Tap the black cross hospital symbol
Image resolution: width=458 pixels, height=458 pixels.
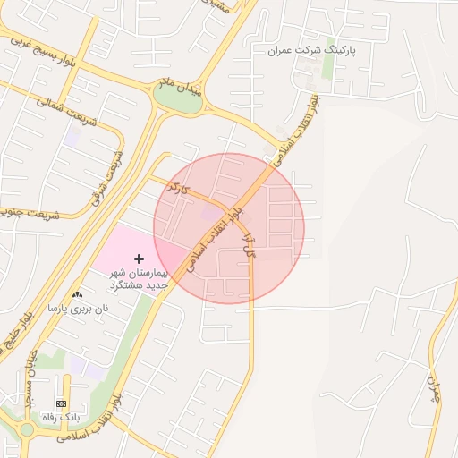(138, 258)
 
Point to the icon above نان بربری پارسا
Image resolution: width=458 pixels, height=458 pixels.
(77, 294)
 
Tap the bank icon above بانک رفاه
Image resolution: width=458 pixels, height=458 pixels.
(61, 404)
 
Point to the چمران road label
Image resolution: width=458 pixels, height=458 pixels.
(436, 389)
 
